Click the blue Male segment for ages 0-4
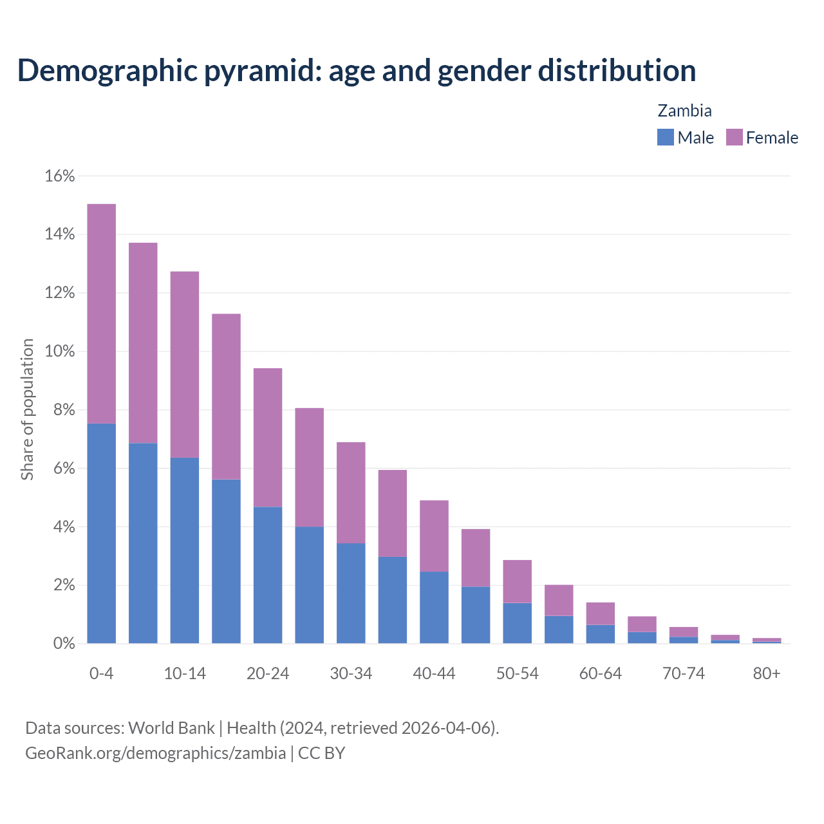[101, 533]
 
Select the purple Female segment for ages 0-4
[101, 314]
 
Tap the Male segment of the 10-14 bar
[185, 550]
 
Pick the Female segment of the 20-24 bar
[268, 438]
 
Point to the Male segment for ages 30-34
[351, 593]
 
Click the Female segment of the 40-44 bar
[434, 536]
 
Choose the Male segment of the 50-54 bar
[517, 623]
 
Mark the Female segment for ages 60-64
[600, 613]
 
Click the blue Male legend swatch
[665, 137]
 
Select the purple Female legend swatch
[734, 137]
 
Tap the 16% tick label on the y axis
[60, 176]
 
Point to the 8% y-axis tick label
[64, 410]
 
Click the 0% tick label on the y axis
[64, 644]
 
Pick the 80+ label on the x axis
[767, 673]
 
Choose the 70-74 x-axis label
[684, 673]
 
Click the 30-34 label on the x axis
[351, 673]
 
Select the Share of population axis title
[27, 409]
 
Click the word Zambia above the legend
[684, 111]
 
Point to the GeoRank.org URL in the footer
[155, 753]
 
